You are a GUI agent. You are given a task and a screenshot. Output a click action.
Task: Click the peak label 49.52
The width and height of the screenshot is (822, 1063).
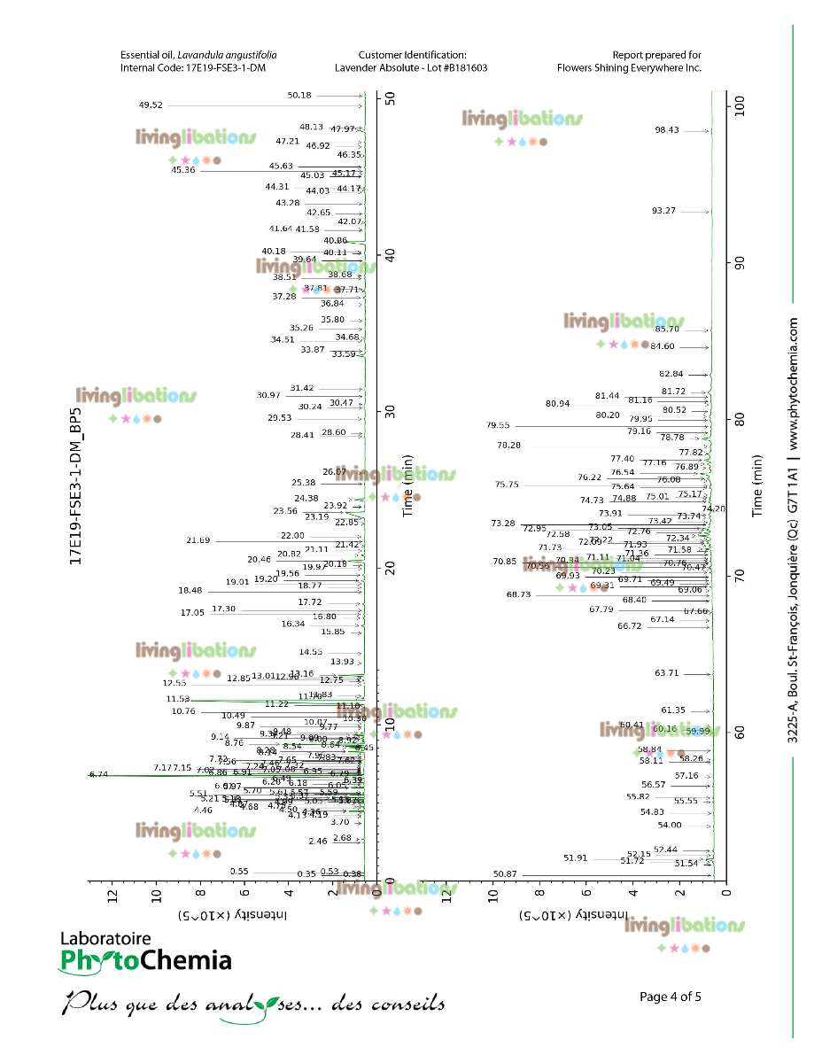151,105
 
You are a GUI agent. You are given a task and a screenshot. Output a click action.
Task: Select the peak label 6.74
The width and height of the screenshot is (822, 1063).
99,774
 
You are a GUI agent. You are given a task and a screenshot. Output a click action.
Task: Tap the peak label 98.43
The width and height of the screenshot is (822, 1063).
667,130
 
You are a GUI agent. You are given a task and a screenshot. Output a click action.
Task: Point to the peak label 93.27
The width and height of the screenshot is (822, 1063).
663,211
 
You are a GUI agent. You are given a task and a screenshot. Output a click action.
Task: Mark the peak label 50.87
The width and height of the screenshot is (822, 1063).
505,874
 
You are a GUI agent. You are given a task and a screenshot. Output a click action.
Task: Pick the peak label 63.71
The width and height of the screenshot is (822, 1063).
667,673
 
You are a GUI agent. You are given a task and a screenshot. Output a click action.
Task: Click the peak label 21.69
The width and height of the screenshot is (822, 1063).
198,540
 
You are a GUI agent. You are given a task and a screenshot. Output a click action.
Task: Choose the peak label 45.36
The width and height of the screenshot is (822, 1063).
183,170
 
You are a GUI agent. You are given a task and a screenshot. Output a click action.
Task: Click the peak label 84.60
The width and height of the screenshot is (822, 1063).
663,346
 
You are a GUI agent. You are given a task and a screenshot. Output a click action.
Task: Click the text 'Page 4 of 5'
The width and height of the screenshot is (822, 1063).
671,997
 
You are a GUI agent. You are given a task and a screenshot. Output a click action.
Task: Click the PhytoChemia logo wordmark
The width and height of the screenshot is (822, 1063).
145,960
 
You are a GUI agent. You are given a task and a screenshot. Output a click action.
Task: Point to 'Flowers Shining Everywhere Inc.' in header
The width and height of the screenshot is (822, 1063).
629,67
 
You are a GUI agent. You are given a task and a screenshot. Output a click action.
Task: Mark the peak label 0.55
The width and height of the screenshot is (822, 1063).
239,871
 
